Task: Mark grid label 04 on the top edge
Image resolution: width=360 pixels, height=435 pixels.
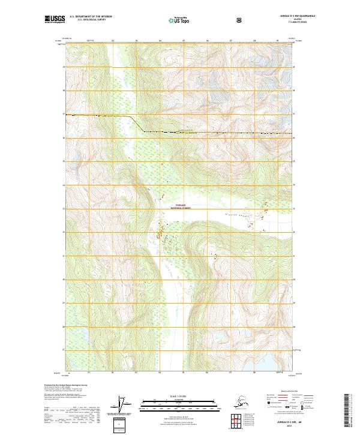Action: (160, 40)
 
